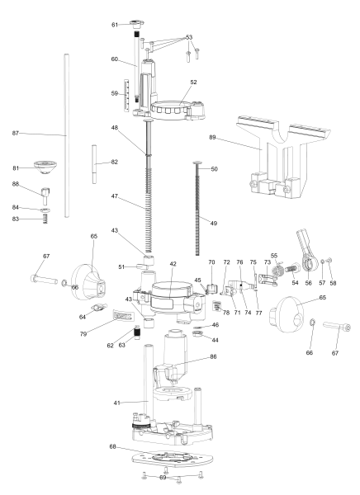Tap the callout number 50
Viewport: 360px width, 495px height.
click(213, 169)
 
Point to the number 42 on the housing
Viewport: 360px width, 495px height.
click(173, 264)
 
